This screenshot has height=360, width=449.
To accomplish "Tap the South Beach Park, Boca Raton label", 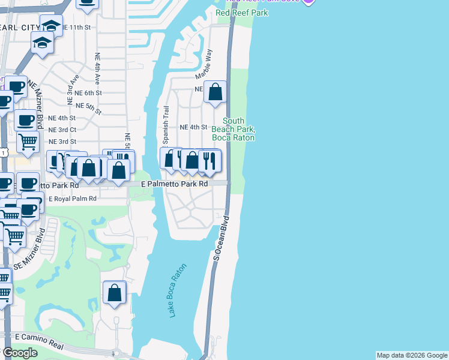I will point(234,130).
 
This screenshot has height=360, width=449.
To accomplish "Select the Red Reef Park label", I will point(243,13).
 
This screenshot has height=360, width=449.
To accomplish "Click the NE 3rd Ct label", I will point(62,130).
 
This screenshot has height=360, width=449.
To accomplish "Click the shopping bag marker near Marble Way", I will point(215,92).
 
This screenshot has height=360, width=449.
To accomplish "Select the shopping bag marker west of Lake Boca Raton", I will point(115,293).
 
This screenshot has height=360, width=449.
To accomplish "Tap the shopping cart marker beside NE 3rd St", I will point(27,142).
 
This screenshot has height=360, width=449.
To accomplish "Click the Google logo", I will point(20,353).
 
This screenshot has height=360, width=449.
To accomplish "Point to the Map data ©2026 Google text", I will point(412,355).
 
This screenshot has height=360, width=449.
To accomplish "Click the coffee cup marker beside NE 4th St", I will point(26,121).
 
